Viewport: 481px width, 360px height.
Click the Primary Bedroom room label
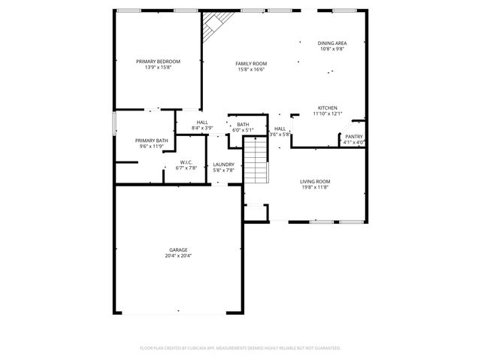(x=158, y=61)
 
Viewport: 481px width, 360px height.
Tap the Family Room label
(x=251, y=64)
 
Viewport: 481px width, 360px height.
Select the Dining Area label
(x=331, y=44)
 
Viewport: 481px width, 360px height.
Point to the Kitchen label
(x=327, y=107)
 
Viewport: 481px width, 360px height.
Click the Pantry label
(x=353, y=137)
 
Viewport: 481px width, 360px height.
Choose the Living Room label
(x=315, y=181)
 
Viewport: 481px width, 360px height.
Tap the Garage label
(x=178, y=250)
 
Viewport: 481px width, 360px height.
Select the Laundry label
(x=223, y=165)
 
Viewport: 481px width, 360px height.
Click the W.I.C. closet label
(x=187, y=162)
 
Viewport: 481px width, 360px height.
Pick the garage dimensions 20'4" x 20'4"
(x=178, y=256)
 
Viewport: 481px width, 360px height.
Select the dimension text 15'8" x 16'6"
(x=251, y=70)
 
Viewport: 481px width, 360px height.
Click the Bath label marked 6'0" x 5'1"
(x=243, y=125)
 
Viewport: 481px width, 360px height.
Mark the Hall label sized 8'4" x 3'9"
(x=202, y=123)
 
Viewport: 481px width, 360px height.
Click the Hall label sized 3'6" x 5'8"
(x=280, y=129)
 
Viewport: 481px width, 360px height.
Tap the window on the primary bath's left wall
(x=114, y=122)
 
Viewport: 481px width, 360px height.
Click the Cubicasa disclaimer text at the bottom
(x=240, y=348)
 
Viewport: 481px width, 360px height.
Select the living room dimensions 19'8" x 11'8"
(x=315, y=188)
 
